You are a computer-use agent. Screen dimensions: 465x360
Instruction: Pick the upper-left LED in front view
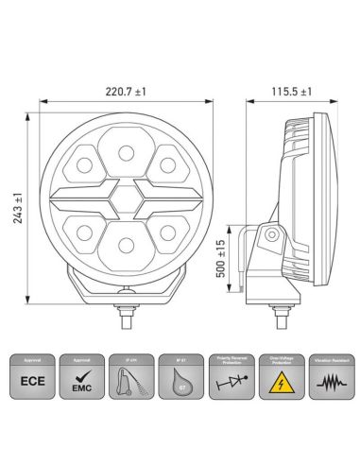[83, 166]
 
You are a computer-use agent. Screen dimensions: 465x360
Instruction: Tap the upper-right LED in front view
[168, 165]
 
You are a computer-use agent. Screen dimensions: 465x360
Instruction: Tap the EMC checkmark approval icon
[83, 385]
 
